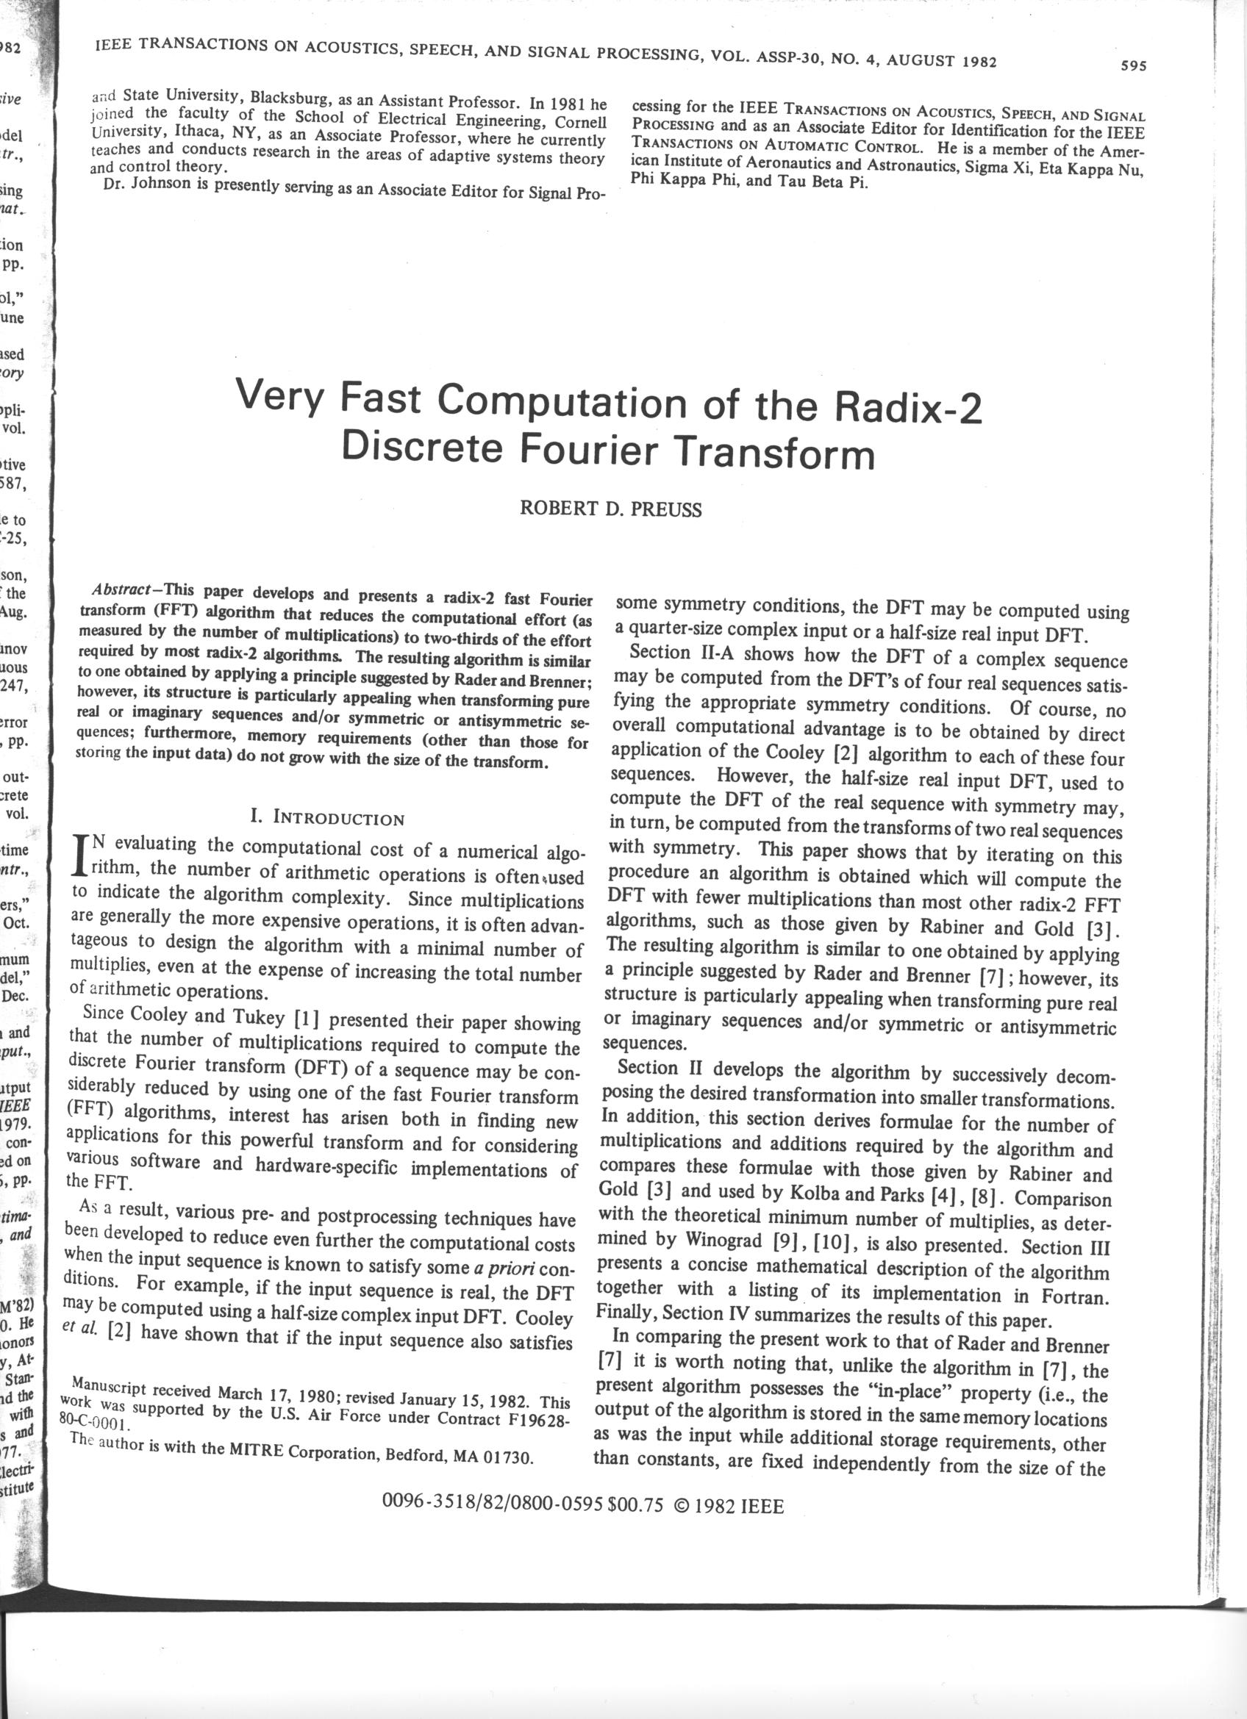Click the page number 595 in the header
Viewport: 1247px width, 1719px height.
click(x=1133, y=66)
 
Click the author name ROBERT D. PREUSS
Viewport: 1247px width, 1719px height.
click(x=610, y=509)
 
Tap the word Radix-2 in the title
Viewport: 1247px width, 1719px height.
click(x=907, y=409)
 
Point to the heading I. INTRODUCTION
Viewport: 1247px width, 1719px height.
click(x=327, y=819)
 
